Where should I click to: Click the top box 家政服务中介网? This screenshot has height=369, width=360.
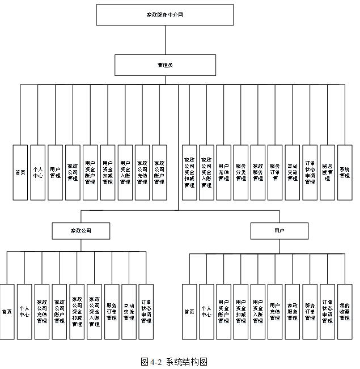(165, 15)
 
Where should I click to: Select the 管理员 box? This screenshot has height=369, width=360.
(165, 65)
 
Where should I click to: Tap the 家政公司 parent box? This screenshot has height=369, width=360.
(81, 231)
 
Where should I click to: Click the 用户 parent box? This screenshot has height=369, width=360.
(279, 231)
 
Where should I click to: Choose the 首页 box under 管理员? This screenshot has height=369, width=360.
(20, 173)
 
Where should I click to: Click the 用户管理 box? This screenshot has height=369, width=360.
(55, 173)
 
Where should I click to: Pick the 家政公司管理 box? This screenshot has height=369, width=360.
(73, 173)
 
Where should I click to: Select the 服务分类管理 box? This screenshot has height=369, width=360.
(241, 173)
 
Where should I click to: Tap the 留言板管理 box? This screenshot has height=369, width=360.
(327, 173)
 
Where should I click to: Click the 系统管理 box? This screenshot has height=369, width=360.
(345, 173)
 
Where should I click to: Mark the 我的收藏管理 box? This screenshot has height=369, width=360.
(345, 311)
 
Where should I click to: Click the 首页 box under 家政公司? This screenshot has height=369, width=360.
(7, 311)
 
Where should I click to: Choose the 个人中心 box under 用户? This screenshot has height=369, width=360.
(206, 311)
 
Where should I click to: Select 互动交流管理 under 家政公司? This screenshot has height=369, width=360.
(129, 311)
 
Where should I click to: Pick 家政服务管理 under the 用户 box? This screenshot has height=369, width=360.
(293, 311)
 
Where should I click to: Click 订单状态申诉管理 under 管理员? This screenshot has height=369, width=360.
(310, 173)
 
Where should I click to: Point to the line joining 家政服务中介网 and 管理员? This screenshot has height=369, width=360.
(165, 40)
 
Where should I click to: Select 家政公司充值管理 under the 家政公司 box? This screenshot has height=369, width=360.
(41, 311)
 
